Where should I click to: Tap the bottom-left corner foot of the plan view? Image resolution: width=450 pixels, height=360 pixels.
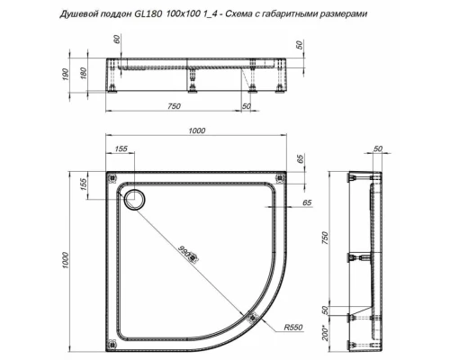pyautogui.click(x=112, y=340)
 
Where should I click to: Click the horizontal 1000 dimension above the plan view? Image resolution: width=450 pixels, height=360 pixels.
pyautogui.click(x=191, y=130)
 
